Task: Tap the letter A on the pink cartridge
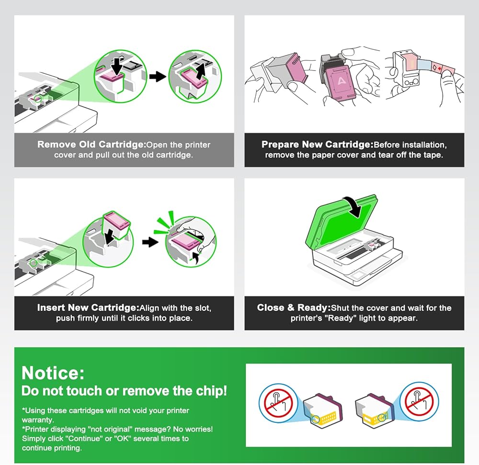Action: pyautogui.click(x=341, y=81)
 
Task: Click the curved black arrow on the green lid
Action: pyautogui.click(x=354, y=206)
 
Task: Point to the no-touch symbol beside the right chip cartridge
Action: pyautogui.click(x=419, y=402)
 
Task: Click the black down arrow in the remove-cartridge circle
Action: pyautogui.click(x=117, y=67)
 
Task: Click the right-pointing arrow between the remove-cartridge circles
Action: pyautogui.click(x=158, y=76)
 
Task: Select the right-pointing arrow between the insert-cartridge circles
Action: pyautogui.click(x=150, y=242)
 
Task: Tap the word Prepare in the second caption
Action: pyautogui.click(x=280, y=145)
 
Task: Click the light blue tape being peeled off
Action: pyautogui.click(x=424, y=65)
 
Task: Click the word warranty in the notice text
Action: pyautogui.click(x=37, y=420)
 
